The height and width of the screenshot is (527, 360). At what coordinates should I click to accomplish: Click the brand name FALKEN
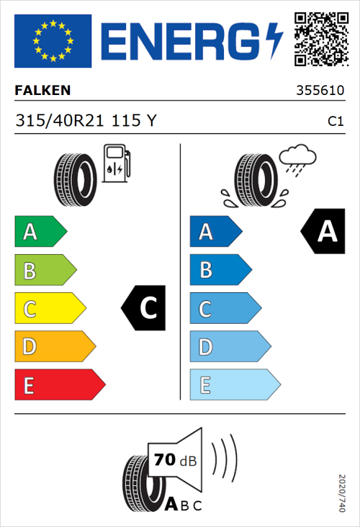point(42,91)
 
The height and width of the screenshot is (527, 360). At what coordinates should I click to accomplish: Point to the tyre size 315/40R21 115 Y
point(85,122)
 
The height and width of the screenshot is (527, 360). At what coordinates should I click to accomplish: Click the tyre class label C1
point(335,122)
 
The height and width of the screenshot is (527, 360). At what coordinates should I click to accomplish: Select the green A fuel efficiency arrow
point(40,232)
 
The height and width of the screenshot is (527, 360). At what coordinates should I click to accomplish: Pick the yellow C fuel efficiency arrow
point(49,309)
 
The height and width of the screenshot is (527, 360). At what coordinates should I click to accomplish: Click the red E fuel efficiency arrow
point(59,385)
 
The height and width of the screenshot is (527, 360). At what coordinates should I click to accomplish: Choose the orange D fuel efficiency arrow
point(54,347)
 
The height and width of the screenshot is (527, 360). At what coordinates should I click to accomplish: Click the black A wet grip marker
point(322,232)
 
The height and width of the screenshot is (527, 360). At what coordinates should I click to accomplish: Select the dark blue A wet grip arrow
point(215,232)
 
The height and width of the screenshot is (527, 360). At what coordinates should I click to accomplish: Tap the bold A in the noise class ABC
point(171,504)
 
